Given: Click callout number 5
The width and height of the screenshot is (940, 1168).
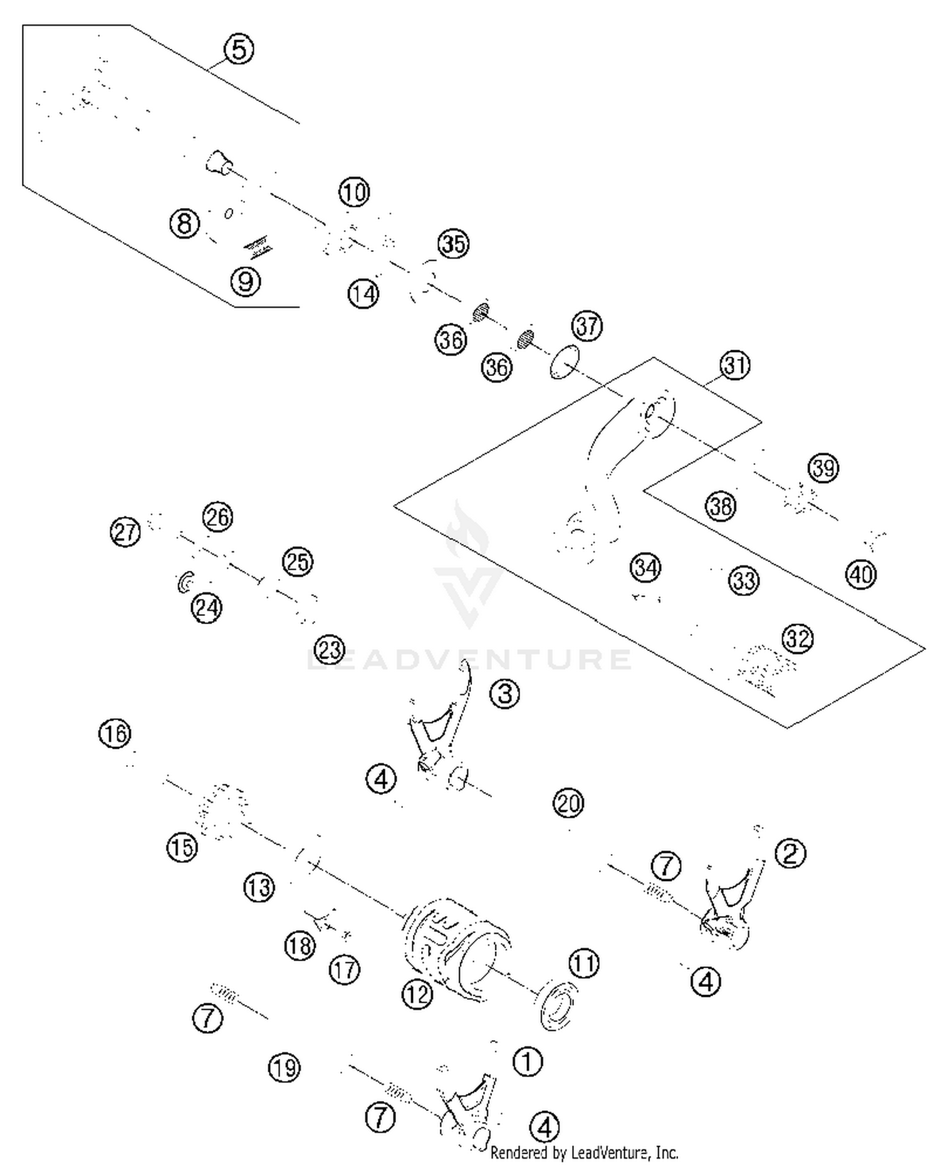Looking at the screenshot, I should click(x=239, y=50).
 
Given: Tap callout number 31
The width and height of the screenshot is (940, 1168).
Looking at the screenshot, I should click(x=734, y=365).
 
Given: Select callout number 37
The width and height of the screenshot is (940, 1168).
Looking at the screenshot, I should click(x=587, y=326).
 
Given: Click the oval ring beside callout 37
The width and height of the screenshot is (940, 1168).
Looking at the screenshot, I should click(x=565, y=362).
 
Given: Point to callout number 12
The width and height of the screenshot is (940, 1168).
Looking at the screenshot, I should click(x=418, y=994).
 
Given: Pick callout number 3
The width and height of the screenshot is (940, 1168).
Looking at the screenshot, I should click(x=504, y=693).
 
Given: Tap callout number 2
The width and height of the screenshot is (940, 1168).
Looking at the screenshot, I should click(x=790, y=853).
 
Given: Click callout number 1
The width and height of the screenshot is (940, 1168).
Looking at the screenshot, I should click(x=527, y=1061).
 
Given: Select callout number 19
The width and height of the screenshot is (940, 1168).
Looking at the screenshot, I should click(x=285, y=1068).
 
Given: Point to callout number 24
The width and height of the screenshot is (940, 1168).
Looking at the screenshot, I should click(x=207, y=608).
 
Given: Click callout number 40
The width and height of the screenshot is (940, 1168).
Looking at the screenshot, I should click(x=860, y=574).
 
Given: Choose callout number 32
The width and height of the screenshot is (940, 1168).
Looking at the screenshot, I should click(x=797, y=639).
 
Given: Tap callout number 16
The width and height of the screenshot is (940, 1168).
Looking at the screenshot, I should click(x=115, y=733).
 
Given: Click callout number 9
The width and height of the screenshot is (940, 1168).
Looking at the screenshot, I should click(x=246, y=281).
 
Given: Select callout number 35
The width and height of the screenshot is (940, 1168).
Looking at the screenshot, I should click(x=454, y=244).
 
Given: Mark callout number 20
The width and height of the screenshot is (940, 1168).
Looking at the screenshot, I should click(x=568, y=803).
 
